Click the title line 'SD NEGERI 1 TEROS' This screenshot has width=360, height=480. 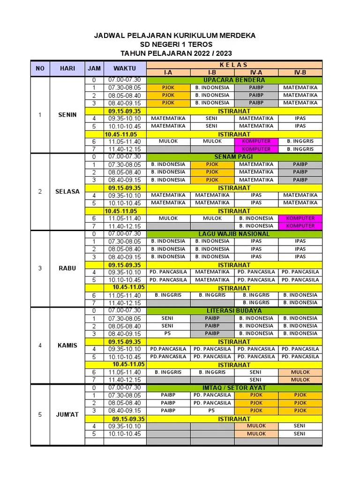click(176, 45)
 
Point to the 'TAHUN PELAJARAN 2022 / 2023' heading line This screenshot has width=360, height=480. click(176, 53)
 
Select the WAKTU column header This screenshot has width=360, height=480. click(124, 68)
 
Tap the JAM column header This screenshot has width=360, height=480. click(94, 68)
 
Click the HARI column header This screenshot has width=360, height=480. click(67, 68)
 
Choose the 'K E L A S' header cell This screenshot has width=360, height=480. click(234, 65)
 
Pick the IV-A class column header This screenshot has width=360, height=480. click(256, 73)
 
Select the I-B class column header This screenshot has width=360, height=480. click(212, 73)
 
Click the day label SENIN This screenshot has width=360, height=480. click(67, 115)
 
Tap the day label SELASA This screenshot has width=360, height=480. click(67, 192)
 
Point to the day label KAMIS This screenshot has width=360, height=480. click(67, 345)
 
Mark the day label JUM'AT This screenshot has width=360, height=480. click(67, 414)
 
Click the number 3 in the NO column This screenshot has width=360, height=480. click(40, 269)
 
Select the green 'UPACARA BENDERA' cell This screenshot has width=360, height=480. click(234, 80)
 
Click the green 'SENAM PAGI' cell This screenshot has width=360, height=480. click(234, 157)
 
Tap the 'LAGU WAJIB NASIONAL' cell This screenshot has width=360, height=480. click(234, 234)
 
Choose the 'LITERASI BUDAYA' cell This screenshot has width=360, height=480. click(234, 311)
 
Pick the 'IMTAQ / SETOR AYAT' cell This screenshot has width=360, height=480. click(234, 388)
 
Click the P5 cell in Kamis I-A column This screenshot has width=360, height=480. click(168, 334)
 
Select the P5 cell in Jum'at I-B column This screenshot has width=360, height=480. click(212, 411)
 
